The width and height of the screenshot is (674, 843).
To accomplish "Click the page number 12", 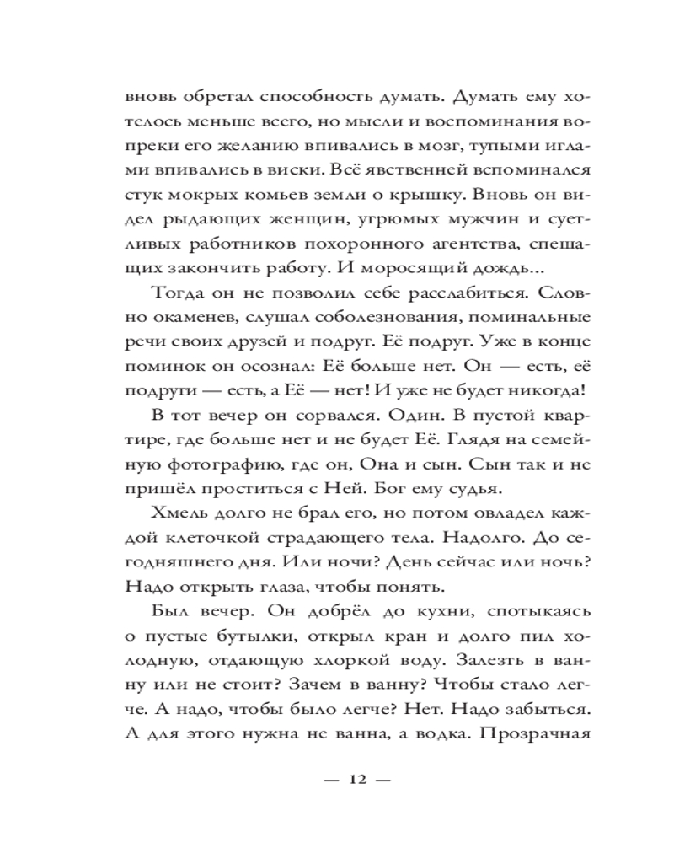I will click(357, 780).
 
